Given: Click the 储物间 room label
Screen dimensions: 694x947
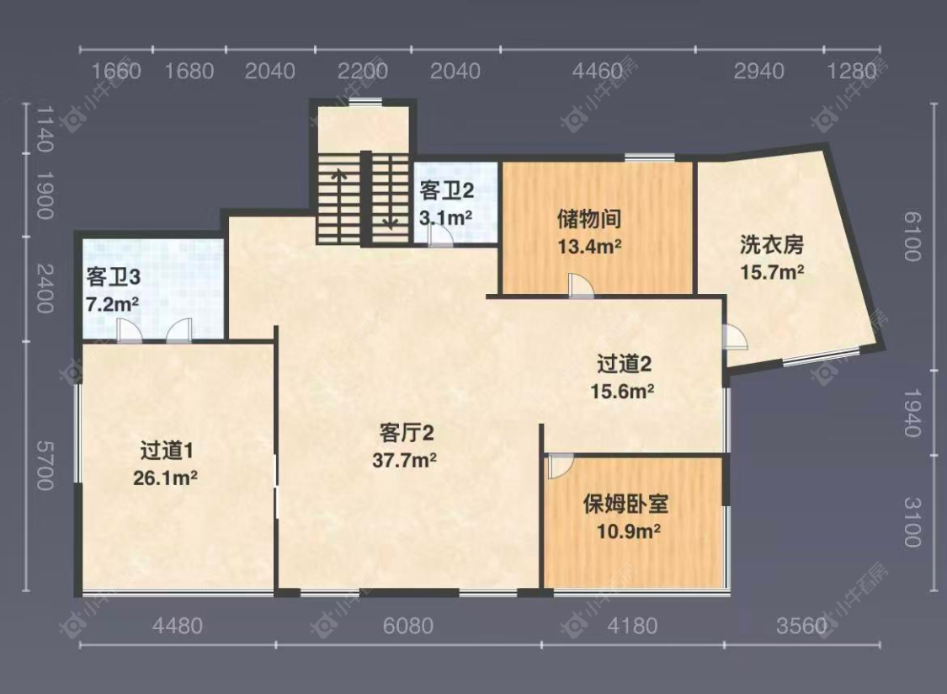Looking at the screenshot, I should click(x=589, y=220).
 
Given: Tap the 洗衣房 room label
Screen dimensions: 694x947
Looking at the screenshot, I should click(x=772, y=245).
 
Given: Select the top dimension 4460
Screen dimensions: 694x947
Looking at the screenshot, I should click(x=597, y=71).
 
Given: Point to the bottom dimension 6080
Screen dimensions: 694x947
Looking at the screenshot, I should click(x=407, y=626).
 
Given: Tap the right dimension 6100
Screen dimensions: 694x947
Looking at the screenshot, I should click(x=911, y=236).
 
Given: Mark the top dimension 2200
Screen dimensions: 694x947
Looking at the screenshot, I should click(x=363, y=71).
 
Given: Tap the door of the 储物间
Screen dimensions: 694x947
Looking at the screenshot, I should click(x=579, y=286).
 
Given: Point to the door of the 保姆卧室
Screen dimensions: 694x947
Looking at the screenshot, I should click(x=560, y=466).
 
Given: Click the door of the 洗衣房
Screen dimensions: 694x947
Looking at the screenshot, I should click(x=735, y=337).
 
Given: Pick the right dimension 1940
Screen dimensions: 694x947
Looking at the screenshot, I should click(x=911, y=413).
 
